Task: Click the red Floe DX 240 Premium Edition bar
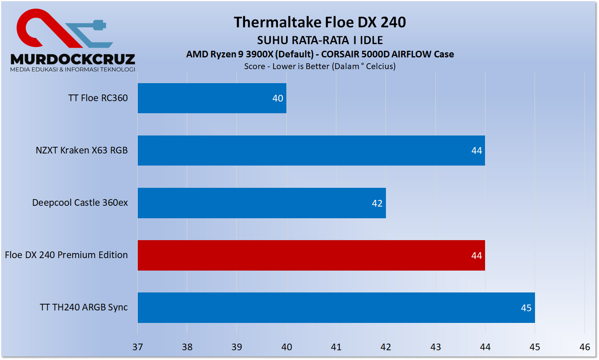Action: click(x=311, y=255)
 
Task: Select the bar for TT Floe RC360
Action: click(x=212, y=98)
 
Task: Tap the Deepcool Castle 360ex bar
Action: click(x=261, y=203)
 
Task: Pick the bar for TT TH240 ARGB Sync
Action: click(x=336, y=308)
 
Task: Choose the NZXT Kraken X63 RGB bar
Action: click(x=311, y=150)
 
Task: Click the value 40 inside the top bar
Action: click(x=277, y=98)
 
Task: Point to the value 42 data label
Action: click(x=377, y=203)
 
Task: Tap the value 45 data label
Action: click(x=526, y=308)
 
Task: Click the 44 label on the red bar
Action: click(x=476, y=256)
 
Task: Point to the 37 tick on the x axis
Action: click(x=138, y=347)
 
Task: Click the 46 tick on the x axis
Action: click(x=585, y=347)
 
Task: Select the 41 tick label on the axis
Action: click(x=336, y=347)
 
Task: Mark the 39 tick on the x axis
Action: click(x=237, y=347)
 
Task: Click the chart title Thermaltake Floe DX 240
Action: click(x=320, y=22)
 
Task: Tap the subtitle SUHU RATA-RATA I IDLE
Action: click(x=320, y=40)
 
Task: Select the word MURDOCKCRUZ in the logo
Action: click(x=73, y=59)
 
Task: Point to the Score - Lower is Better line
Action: click(x=320, y=66)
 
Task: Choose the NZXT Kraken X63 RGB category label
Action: click(x=82, y=150)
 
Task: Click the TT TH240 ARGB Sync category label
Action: click(x=84, y=307)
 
